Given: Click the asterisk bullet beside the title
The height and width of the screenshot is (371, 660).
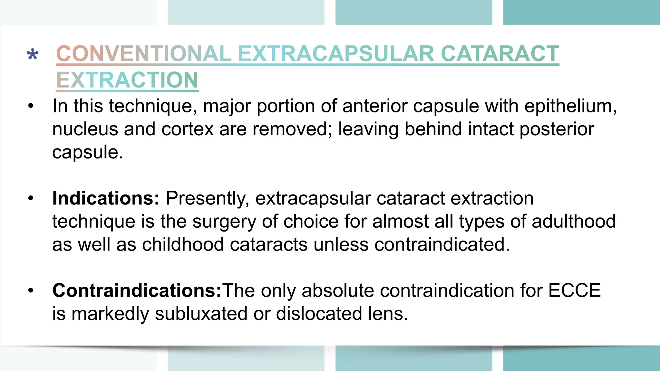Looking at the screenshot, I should (33, 54).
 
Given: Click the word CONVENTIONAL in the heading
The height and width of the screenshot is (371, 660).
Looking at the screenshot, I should (144, 53).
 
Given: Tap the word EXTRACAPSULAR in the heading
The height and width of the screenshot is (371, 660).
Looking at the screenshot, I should (336, 53).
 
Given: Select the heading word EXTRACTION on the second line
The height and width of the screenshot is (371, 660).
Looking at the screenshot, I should (127, 80).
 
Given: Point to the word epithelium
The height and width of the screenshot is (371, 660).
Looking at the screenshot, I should (570, 106).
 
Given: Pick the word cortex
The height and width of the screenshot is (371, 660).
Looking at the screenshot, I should (188, 129).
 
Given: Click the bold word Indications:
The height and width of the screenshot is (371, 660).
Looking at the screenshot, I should (106, 198).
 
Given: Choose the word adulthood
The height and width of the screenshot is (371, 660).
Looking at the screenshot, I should (574, 221).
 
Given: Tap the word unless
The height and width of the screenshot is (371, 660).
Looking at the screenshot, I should (341, 244).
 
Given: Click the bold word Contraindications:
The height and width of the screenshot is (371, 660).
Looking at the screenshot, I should (137, 290).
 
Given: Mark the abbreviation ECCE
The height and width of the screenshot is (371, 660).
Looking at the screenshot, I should (574, 290).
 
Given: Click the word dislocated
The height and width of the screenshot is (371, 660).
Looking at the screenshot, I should (319, 314).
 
